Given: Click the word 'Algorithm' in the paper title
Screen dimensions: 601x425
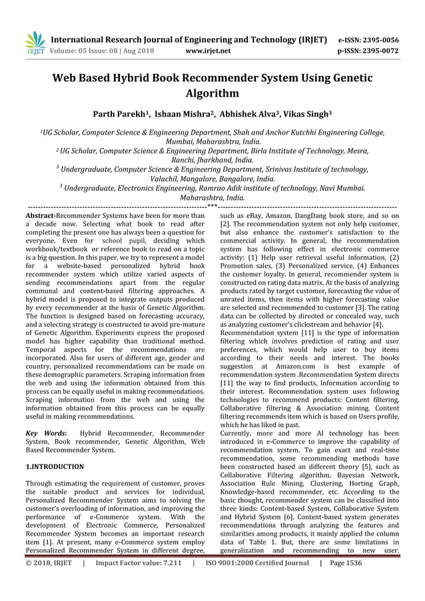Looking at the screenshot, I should [212, 94].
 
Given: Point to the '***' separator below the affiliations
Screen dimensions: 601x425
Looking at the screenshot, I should [212, 206].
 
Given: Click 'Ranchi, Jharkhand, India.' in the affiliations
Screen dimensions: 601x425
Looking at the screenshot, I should [212, 161].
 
